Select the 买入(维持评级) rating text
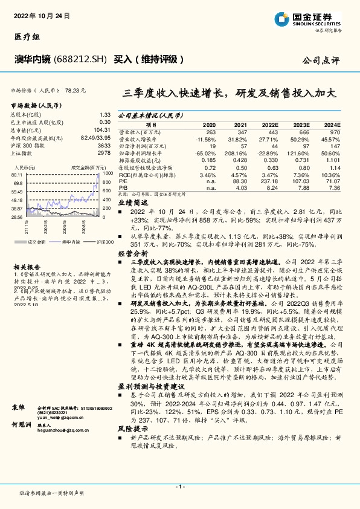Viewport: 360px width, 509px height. tap(148, 59)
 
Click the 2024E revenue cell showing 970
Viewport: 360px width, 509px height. tap(335, 132)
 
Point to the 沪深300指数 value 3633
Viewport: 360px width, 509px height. tap(103, 146)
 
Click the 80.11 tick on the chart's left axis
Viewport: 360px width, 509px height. tap(17, 175)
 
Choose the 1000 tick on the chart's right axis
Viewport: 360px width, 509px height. tap(107, 173)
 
